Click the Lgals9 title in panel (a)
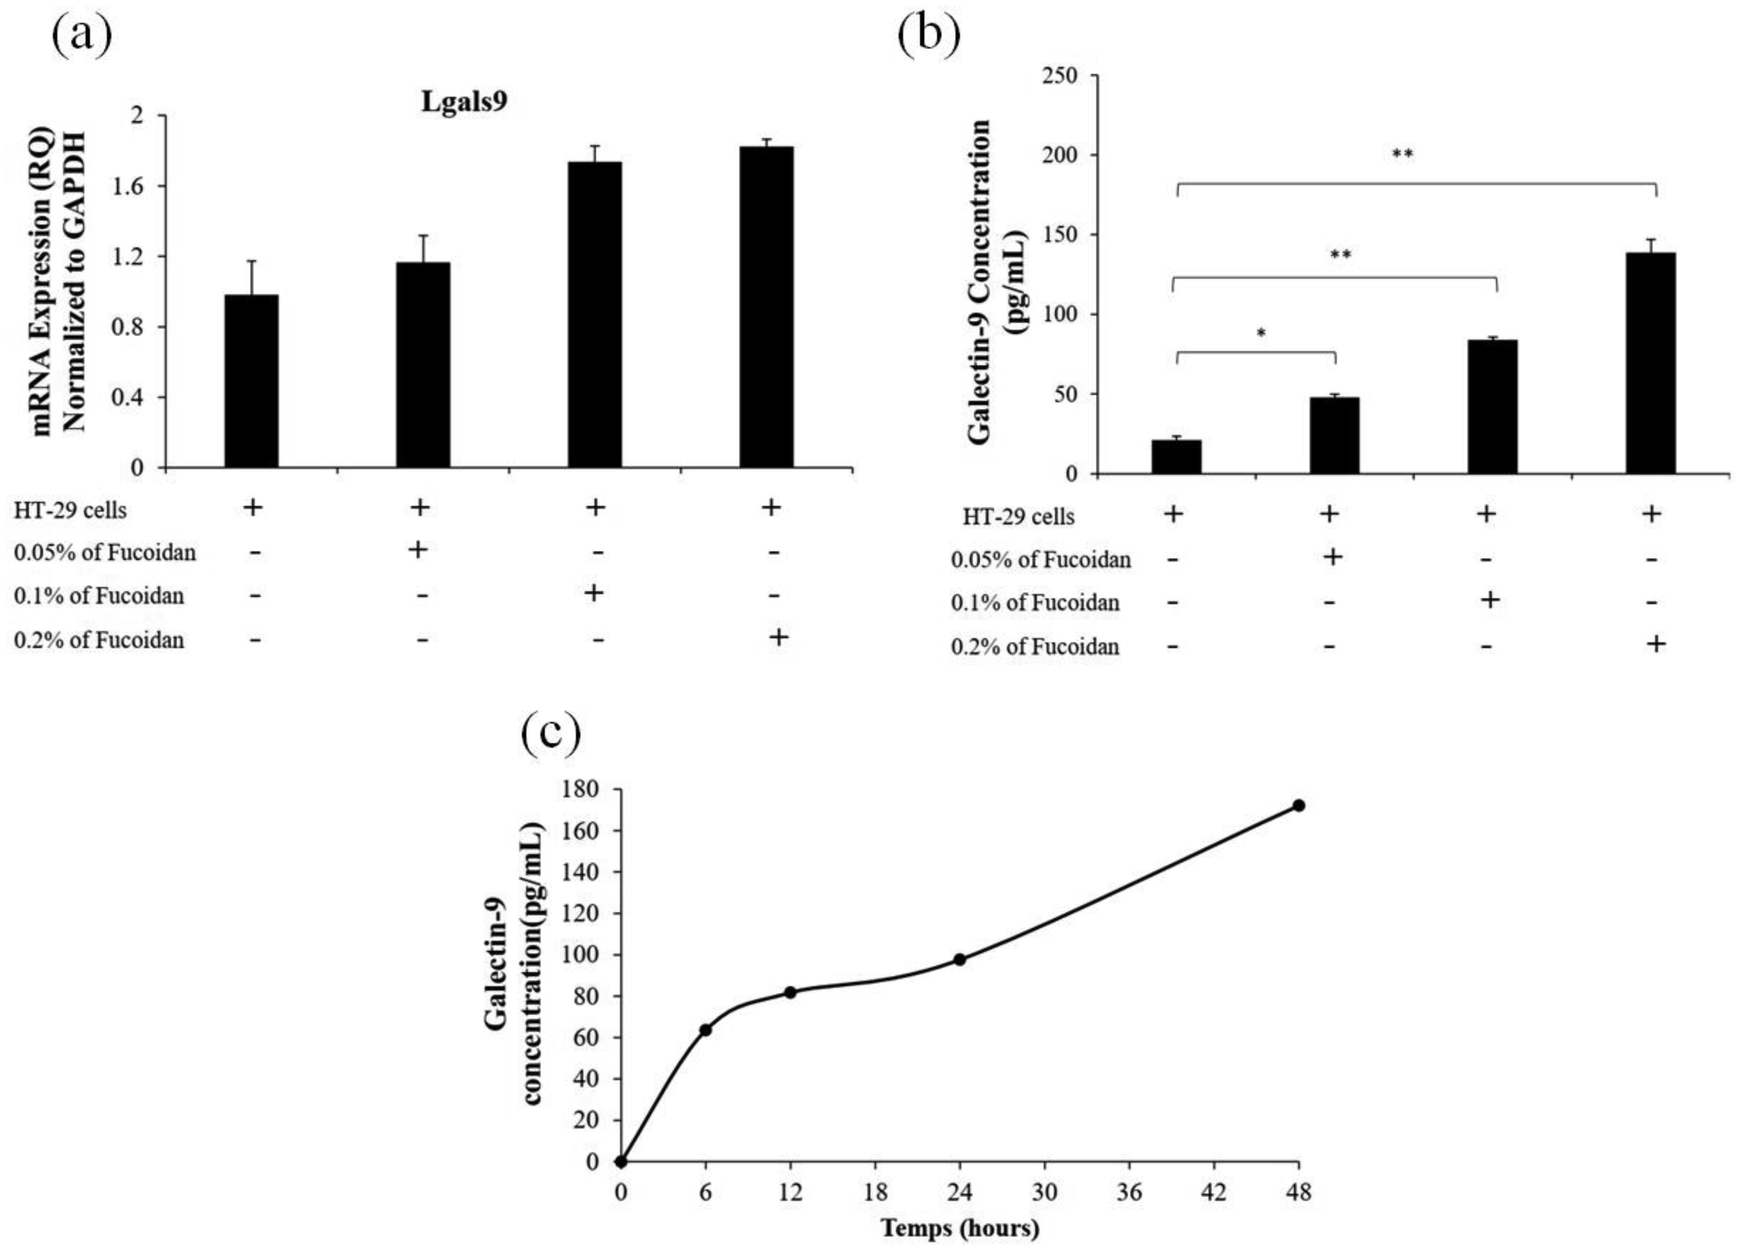(x=464, y=102)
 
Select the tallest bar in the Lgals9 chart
(x=766, y=307)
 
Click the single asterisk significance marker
(x=1261, y=333)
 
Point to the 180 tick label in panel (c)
(x=581, y=790)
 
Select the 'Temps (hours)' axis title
(x=960, y=1228)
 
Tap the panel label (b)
(x=929, y=35)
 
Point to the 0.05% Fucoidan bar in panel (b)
(x=1334, y=435)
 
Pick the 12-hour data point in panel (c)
(x=790, y=992)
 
